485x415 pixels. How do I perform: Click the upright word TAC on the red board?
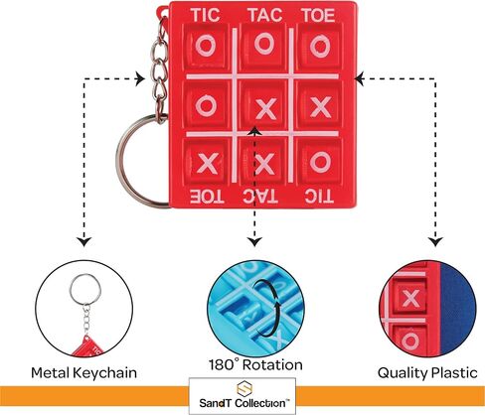265,15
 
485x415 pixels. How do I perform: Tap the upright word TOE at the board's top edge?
318,15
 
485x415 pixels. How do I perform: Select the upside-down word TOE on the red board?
207,197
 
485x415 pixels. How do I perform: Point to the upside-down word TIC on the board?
319,197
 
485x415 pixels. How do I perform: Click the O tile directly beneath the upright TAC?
264,45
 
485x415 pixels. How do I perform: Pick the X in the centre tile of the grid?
266,108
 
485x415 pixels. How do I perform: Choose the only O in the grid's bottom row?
320,162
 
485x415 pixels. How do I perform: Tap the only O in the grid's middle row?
206,105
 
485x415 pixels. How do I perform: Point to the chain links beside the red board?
160,67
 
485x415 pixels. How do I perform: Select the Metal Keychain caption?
83,373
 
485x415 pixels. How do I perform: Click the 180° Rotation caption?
255,364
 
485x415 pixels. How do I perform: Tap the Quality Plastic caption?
427,373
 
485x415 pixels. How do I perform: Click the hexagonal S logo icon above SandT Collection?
244,389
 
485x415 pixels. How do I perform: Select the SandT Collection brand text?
244,403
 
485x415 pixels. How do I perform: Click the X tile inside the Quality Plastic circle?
411,298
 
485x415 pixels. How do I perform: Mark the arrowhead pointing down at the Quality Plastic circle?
436,242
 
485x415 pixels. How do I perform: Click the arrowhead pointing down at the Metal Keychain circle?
84,242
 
